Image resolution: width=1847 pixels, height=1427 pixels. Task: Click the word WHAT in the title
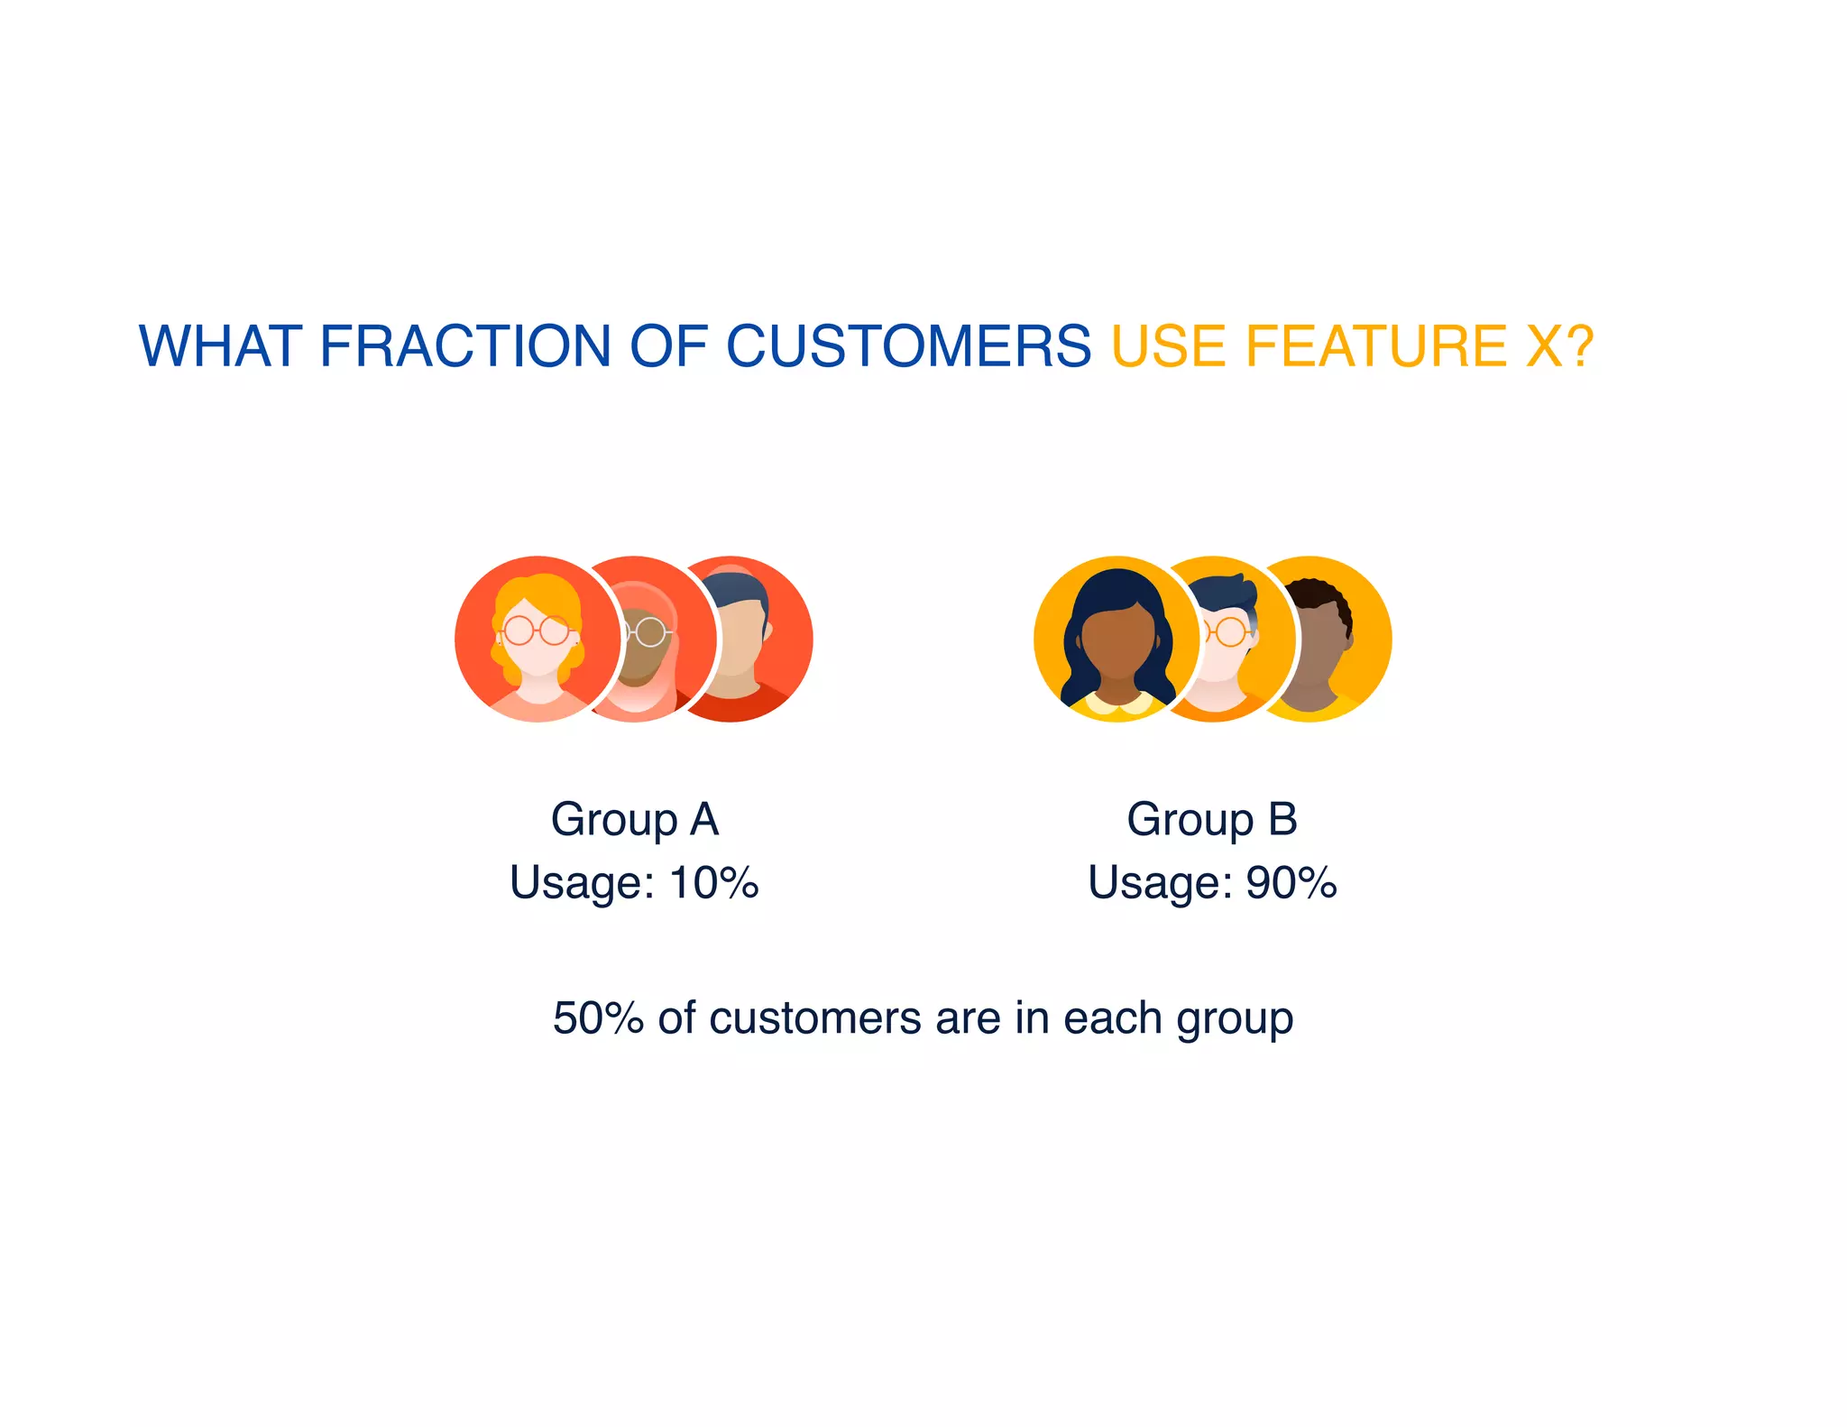[220, 346]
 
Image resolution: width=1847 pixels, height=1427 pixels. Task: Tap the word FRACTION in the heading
[465, 346]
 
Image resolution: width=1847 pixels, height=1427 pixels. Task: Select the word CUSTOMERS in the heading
[908, 346]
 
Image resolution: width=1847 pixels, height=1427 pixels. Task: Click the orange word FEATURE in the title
[1375, 346]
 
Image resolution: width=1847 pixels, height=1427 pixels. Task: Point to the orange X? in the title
[1559, 346]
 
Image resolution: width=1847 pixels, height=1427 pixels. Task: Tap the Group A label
[634, 820]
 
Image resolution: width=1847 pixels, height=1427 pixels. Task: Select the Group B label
[1211, 820]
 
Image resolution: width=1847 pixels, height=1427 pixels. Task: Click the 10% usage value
[713, 882]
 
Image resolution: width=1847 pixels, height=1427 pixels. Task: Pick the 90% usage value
[1291, 882]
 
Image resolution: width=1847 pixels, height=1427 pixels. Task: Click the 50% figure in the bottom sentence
[598, 1017]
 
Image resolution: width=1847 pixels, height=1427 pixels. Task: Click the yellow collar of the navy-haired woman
[1118, 704]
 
